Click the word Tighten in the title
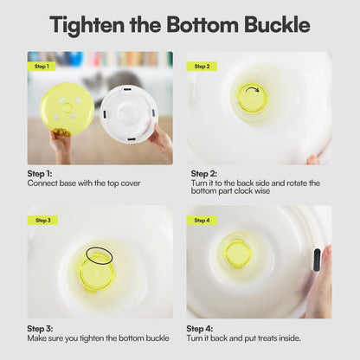(87, 25)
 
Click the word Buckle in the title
(277, 24)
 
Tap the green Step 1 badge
(42, 67)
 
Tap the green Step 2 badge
(202, 67)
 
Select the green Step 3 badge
(42, 221)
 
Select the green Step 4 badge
(202, 221)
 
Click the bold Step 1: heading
(40, 174)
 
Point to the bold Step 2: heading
(204, 174)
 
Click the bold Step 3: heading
(40, 329)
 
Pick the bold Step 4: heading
(200, 329)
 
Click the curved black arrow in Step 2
(252, 88)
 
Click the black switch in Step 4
(317, 260)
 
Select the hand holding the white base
(162, 141)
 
